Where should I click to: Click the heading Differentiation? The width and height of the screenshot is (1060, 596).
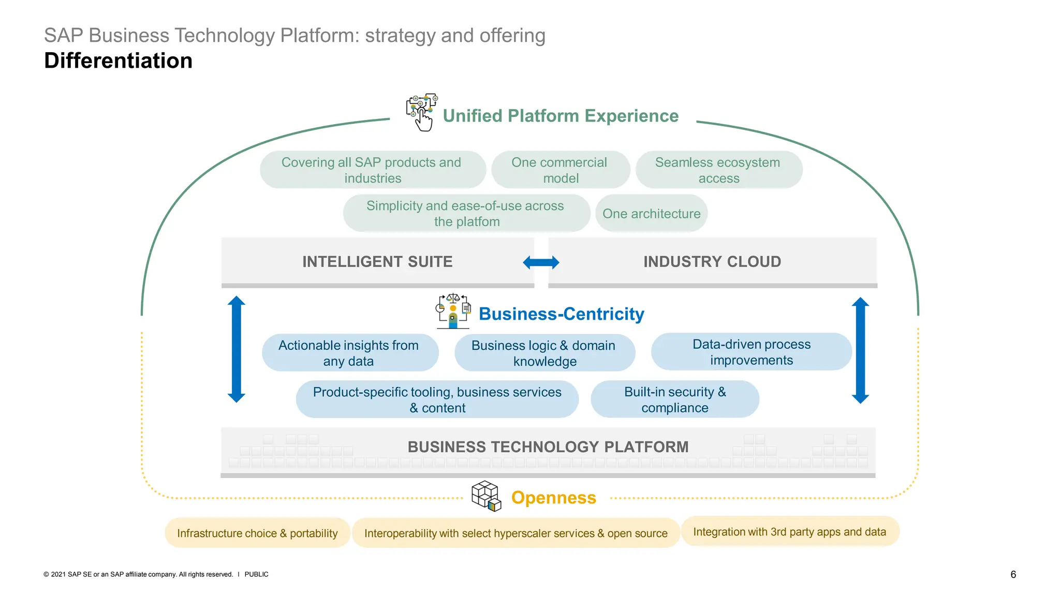[118, 61]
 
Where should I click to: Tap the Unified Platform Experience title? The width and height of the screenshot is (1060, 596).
[560, 116]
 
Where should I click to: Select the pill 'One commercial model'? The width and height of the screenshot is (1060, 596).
[560, 170]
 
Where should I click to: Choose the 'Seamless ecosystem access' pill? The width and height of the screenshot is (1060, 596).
[718, 170]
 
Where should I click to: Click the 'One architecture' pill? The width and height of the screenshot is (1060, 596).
[651, 213]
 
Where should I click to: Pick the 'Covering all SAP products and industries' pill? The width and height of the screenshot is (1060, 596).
[372, 170]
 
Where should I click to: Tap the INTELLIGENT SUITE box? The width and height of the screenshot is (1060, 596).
[377, 261]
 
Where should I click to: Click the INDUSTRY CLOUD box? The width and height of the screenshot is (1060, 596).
[712, 261]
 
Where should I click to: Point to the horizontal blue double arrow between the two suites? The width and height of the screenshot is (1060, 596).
[541, 262]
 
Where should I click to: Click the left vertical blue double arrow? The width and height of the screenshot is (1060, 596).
[237, 349]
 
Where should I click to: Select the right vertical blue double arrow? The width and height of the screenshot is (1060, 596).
[860, 350]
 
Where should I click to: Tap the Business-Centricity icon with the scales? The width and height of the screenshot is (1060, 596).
[453, 311]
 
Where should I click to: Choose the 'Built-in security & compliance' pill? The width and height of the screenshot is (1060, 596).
[674, 399]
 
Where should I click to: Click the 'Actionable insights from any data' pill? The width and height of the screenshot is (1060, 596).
[349, 353]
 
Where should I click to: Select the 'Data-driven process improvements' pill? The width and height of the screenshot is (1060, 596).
[751, 352]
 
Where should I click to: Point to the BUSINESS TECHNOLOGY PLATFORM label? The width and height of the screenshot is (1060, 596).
[548, 446]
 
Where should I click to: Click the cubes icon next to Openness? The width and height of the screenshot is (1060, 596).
[487, 496]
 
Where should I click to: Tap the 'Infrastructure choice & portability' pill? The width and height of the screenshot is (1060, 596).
[257, 533]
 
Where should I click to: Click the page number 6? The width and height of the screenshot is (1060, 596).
[1013, 574]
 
